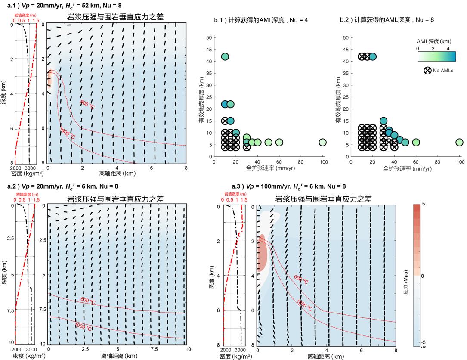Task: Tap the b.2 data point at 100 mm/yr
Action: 459,142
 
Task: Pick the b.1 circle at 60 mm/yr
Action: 279,142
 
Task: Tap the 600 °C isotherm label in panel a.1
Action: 87,103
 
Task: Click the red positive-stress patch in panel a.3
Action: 261,253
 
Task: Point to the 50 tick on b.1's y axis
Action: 208,37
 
